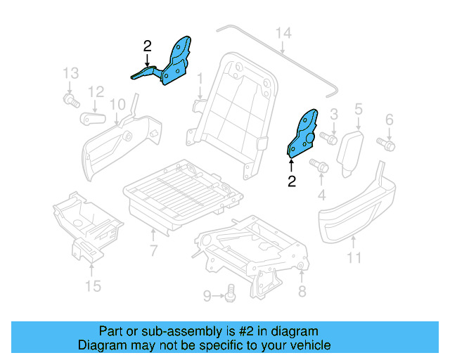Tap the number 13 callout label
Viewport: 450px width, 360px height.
[70, 73]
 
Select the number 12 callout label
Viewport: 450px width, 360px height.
[96, 91]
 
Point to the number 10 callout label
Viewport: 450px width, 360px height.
[117, 105]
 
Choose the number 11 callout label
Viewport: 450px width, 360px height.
[354, 257]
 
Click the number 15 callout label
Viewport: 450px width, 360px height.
[93, 285]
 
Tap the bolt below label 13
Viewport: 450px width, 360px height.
[70, 102]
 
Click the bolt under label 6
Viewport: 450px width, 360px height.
[386, 143]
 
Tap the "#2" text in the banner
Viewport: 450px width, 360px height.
[246, 331]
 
